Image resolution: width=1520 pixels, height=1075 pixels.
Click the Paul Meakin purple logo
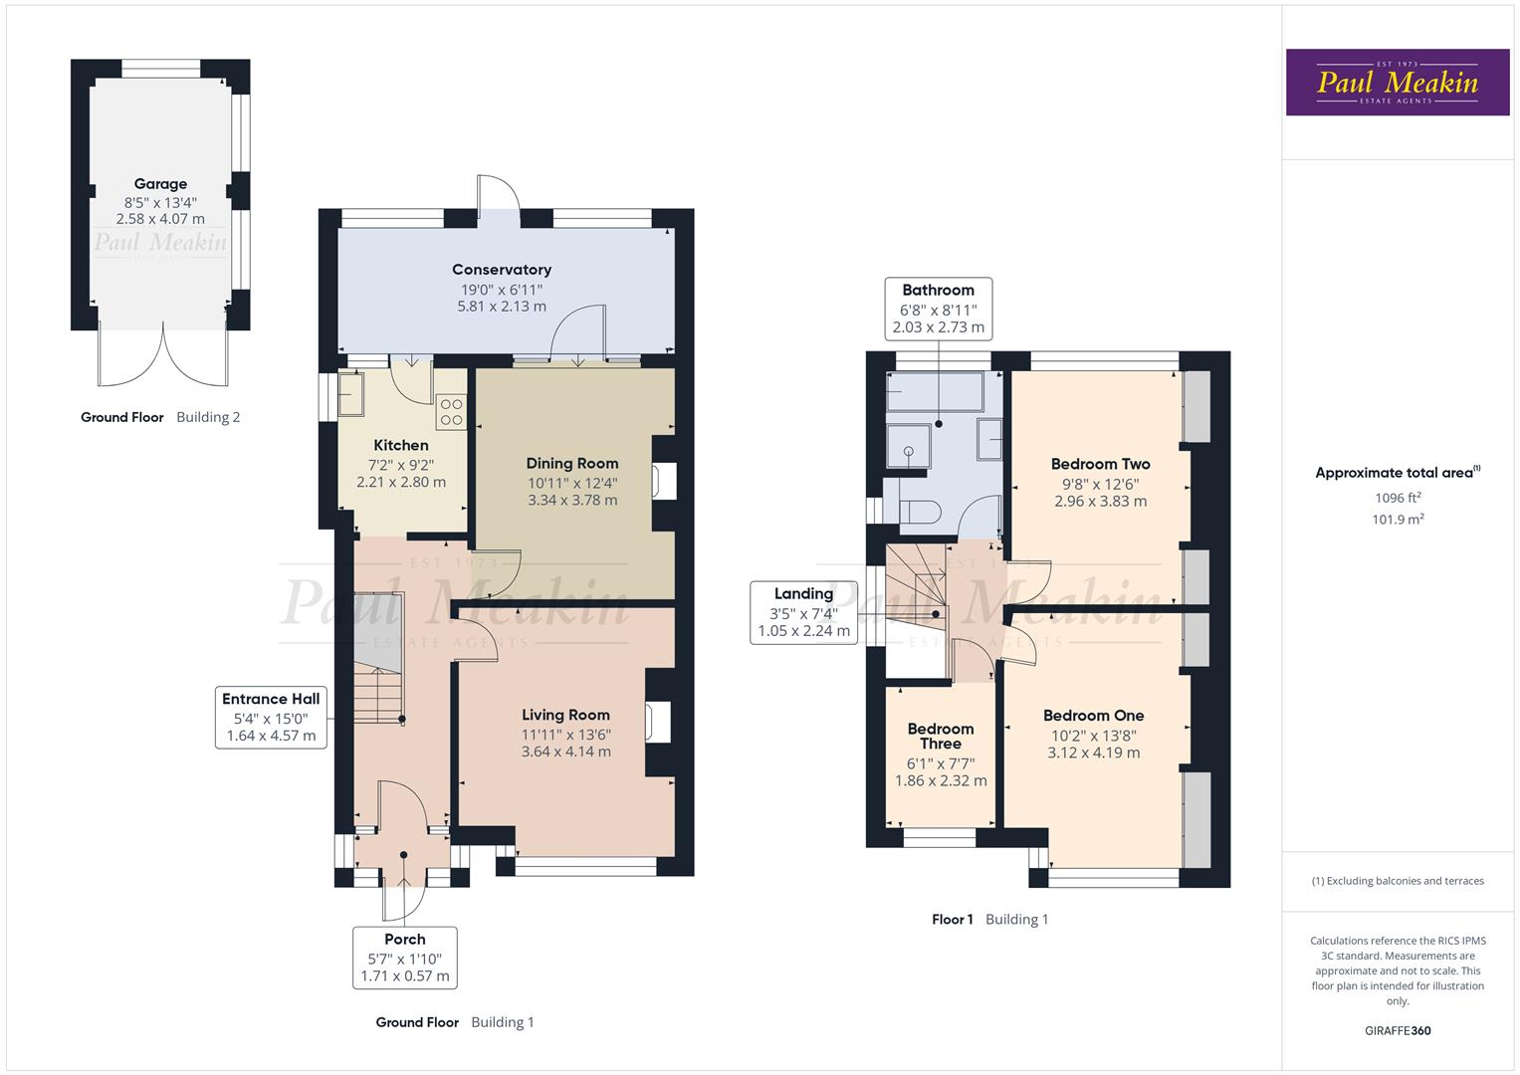pyautogui.click(x=1398, y=83)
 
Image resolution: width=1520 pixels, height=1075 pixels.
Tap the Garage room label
pyautogui.click(x=160, y=184)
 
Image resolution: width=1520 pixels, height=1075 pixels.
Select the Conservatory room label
pyautogui.click(x=502, y=270)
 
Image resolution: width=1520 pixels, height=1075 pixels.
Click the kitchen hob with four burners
pyautogui.click(x=451, y=412)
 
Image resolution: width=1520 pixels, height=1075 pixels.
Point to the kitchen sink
pyautogui.click(x=351, y=394)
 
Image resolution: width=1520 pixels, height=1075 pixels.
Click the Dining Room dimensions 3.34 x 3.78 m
pyautogui.click(x=572, y=500)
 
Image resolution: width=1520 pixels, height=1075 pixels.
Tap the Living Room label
pyautogui.click(x=565, y=715)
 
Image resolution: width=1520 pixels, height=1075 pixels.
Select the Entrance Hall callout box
pyautogui.click(x=271, y=717)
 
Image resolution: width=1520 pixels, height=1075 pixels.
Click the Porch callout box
pyautogui.click(x=405, y=958)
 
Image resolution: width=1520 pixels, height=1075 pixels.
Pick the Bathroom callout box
pyautogui.click(x=938, y=308)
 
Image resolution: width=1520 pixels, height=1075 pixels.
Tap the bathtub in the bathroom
pyautogui.click(x=935, y=392)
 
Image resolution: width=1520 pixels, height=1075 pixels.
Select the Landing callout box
pyautogui.click(x=803, y=612)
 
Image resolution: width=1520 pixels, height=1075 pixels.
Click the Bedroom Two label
pyautogui.click(x=1100, y=464)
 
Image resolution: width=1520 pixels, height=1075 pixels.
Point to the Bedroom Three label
pyautogui.click(x=941, y=737)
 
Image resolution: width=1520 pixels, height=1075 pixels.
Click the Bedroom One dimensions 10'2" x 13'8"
pyautogui.click(x=1093, y=736)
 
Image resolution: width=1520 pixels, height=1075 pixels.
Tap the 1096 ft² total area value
pyautogui.click(x=1398, y=498)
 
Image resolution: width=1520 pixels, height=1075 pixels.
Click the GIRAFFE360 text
pyautogui.click(x=1398, y=1030)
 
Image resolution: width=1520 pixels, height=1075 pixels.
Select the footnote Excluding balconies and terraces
pyautogui.click(x=1398, y=881)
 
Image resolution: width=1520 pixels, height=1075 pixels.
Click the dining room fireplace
pyautogui.click(x=663, y=482)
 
